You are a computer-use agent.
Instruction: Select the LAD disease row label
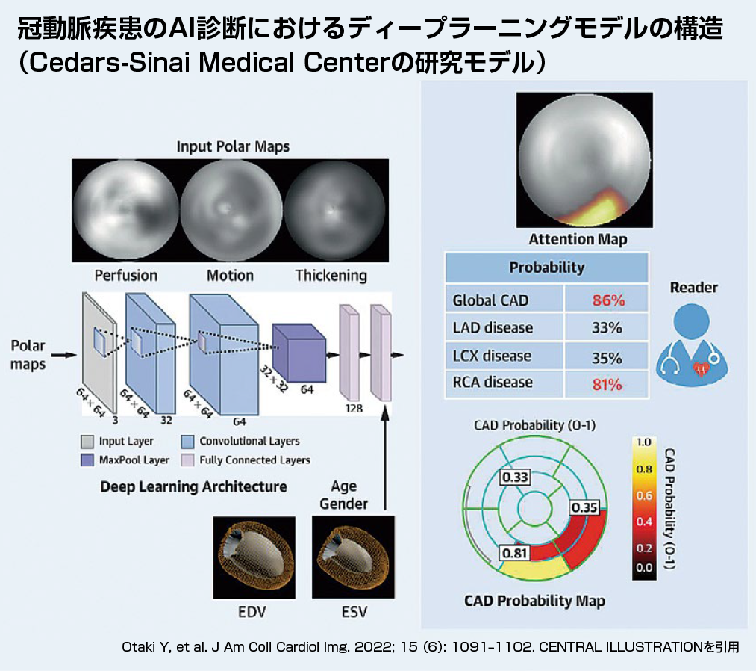tap(493, 328)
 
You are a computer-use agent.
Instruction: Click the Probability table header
tap(547, 267)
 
